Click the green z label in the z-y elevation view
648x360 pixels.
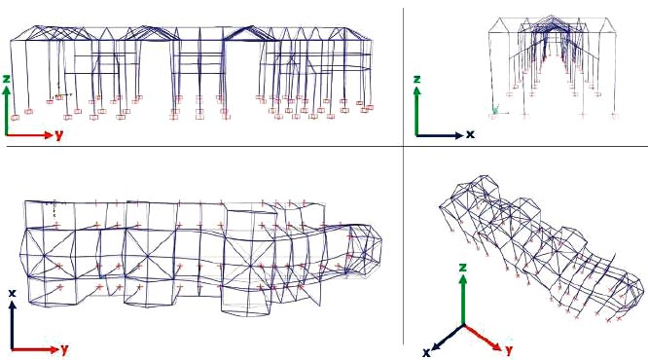[x=6, y=79]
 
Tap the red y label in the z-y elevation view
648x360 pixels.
[x=59, y=134]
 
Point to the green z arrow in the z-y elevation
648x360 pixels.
[x=6, y=110]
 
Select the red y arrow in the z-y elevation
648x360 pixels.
[x=29, y=134]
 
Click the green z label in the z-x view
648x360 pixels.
[x=416, y=79]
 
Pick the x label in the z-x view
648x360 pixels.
[x=470, y=134]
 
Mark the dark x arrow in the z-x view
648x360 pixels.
[x=440, y=135]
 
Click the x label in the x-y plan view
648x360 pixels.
[x=13, y=293]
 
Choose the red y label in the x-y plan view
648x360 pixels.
[x=64, y=349]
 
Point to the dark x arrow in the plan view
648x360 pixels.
[x=13, y=325]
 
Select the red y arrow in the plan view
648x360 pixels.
[x=35, y=349]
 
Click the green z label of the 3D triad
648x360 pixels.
[x=463, y=268]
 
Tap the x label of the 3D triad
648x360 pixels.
[x=426, y=352]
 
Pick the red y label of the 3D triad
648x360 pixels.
[x=509, y=349]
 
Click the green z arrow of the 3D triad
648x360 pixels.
[x=463, y=300]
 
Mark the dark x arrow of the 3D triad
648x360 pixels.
[x=448, y=337]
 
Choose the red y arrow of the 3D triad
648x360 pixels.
[x=483, y=337]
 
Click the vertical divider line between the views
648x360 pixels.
[x=404, y=176]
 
